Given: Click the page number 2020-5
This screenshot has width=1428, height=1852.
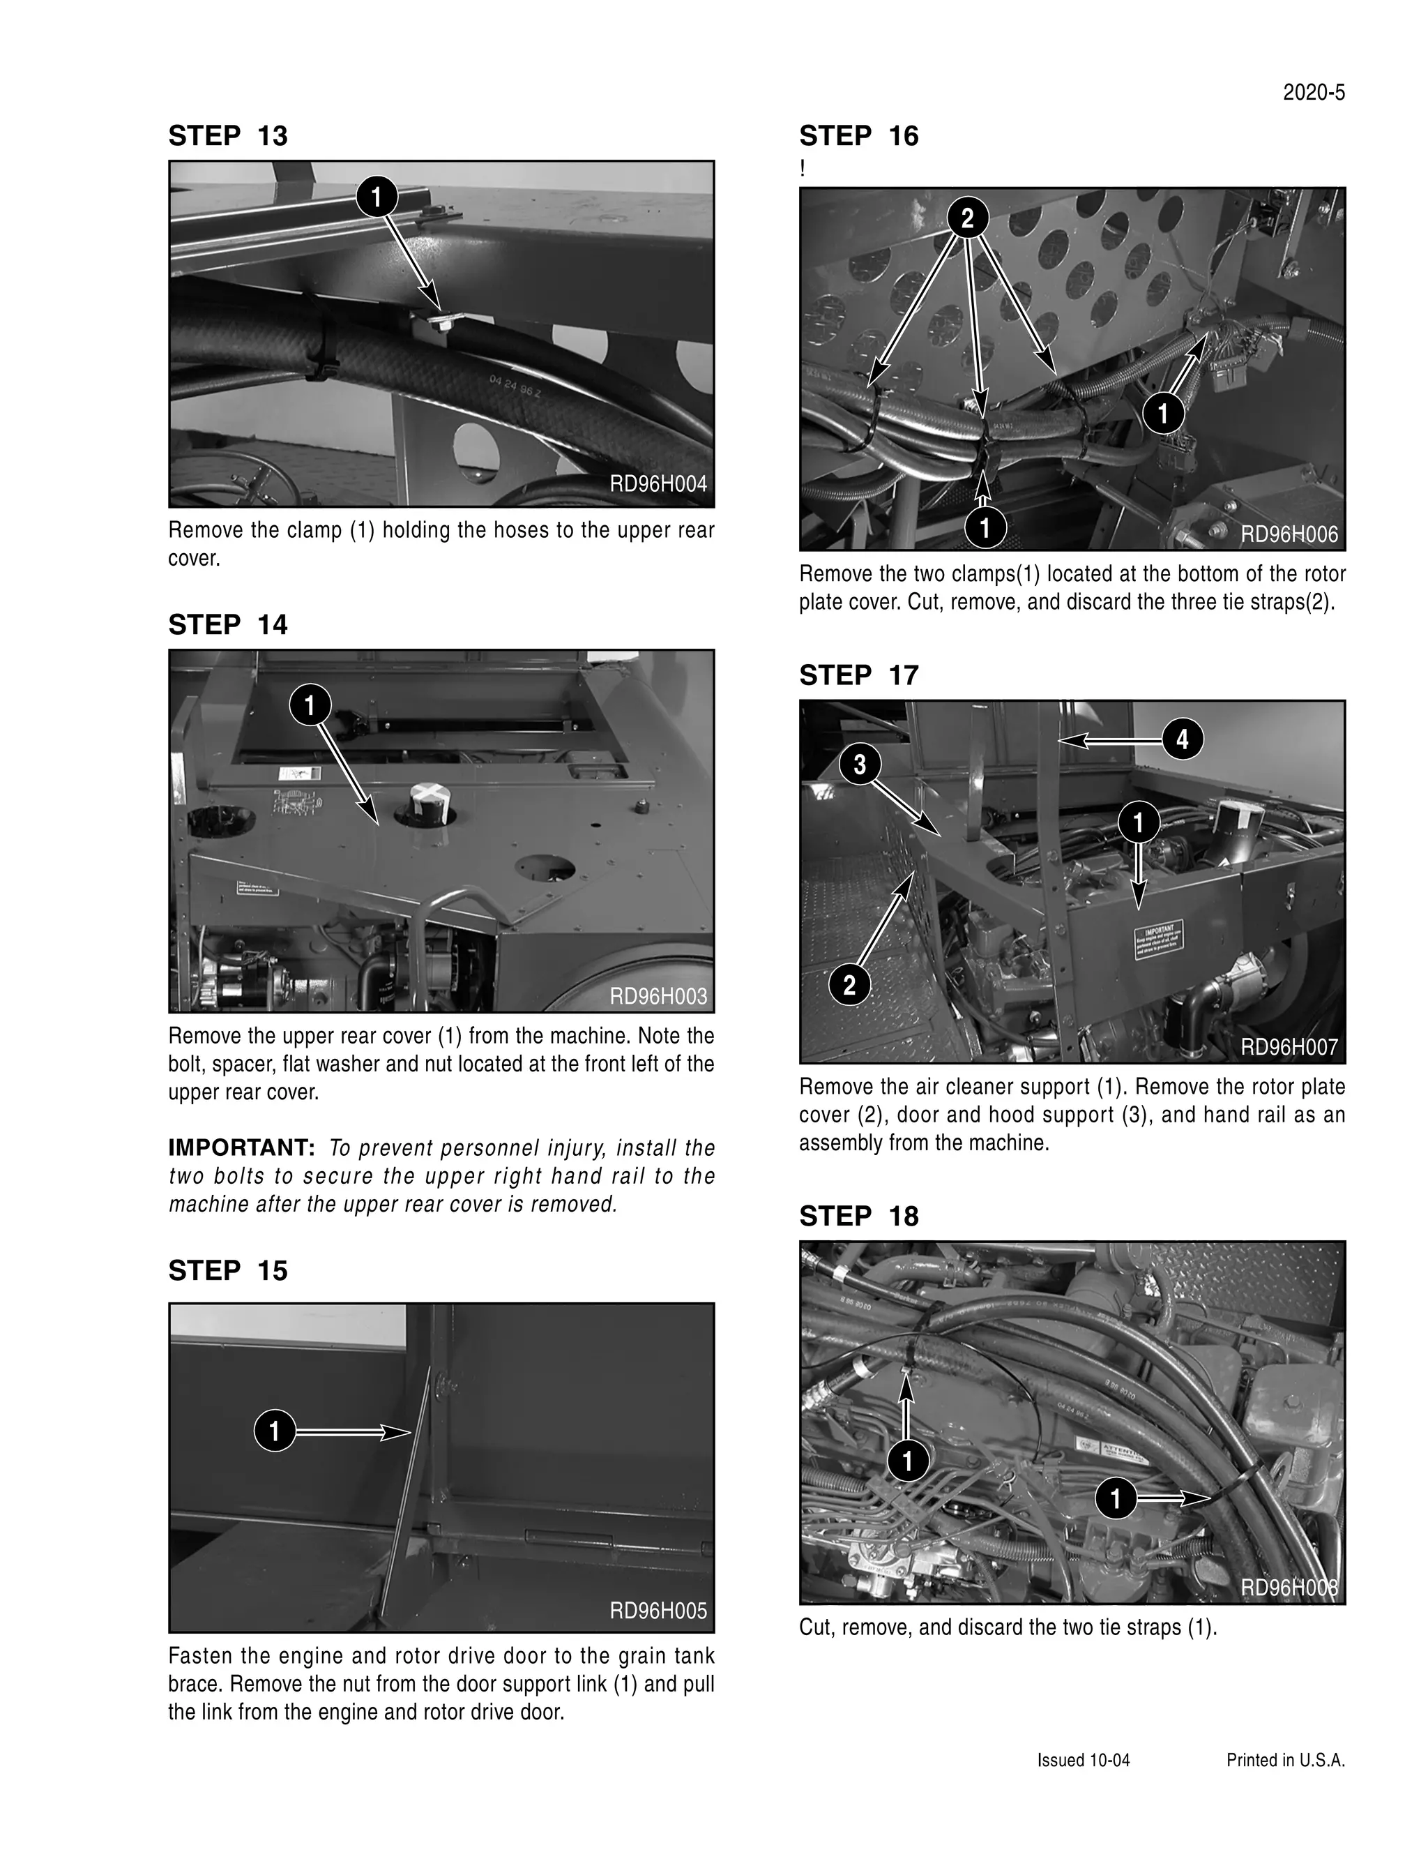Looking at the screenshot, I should point(1313,93).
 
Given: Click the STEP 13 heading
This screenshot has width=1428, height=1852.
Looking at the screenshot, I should point(228,136).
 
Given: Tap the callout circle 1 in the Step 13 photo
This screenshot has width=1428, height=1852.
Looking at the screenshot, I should point(377,197).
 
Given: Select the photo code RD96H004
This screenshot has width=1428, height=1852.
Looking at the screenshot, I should point(658,484).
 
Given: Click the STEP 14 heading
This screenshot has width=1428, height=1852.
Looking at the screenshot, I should point(228,625).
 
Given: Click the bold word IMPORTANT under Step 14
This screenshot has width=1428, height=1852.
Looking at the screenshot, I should point(241,1148).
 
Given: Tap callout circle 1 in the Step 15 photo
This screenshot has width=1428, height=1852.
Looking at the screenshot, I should point(275,1432).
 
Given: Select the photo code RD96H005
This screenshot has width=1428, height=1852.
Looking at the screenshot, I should point(658,1611).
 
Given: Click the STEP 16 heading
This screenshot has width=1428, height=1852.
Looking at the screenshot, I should point(858,136).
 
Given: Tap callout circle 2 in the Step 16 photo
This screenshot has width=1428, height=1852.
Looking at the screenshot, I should point(967,219).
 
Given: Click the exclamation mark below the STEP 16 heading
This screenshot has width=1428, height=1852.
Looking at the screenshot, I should point(803,169).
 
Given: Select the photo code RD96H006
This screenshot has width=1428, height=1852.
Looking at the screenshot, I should point(1288,534).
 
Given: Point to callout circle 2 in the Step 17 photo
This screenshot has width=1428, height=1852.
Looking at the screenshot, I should point(849,986).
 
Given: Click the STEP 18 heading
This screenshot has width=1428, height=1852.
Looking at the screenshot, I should point(858,1216).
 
